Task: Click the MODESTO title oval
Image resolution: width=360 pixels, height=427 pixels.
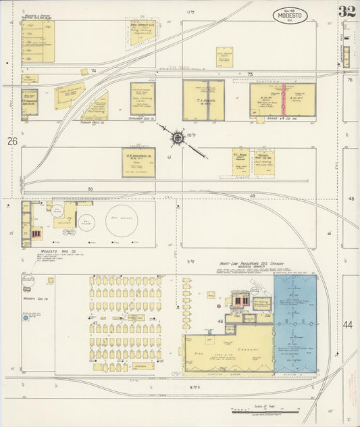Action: (x=290, y=15)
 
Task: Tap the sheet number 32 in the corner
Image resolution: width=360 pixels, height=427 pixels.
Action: (x=347, y=12)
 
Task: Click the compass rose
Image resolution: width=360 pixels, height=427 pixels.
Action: (x=178, y=138)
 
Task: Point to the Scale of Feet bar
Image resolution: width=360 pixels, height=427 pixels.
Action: (x=263, y=410)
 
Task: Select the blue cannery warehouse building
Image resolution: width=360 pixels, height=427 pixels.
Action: (x=295, y=324)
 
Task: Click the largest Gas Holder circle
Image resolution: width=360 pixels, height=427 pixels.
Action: (x=122, y=220)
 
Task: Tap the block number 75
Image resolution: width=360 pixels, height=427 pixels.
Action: (x=249, y=74)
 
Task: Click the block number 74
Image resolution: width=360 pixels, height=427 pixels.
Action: (x=94, y=70)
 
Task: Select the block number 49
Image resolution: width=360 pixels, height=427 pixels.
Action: (x=252, y=197)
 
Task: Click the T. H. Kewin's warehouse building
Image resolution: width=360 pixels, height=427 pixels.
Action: (x=203, y=100)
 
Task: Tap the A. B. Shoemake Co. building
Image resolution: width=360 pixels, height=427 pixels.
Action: (x=138, y=163)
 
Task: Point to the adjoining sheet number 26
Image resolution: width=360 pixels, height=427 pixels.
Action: (x=12, y=141)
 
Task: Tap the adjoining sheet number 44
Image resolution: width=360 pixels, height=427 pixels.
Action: (x=348, y=325)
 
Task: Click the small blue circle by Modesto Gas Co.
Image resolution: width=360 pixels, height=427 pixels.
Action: (x=26, y=318)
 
